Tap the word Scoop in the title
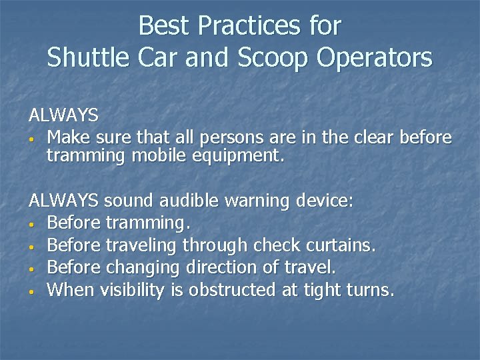(275, 58)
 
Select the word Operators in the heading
(375, 58)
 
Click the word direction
(223, 267)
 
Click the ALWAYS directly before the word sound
(63, 200)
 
